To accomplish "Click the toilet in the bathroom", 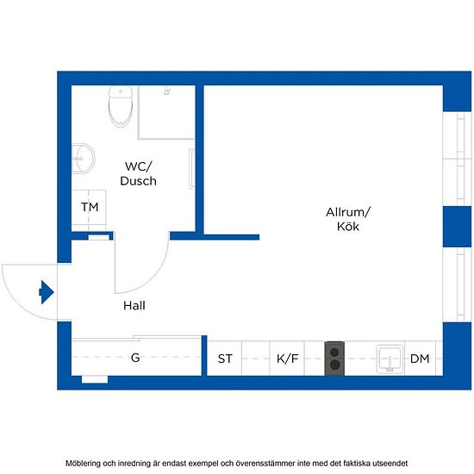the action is click(121, 107).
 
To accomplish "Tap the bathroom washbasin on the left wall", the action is click(84, 158).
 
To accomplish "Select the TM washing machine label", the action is click(90, 207).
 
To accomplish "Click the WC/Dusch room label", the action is click(139, 173).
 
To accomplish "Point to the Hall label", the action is click(134, 306).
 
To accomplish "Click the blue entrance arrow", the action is click(47, 292).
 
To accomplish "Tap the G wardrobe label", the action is click(135, 358).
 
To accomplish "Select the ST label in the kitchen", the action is click(225, 359).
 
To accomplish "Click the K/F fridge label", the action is click(287, 359).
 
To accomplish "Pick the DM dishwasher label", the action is click(420, 359).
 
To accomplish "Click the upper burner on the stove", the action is click(334, 352).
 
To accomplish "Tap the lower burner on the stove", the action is click(334, 365).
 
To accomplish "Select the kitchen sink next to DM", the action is click(390, 359).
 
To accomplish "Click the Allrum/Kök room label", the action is click(348, 219).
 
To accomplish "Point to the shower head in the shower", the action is click(167, 90).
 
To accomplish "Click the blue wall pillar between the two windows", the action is click(457, 227).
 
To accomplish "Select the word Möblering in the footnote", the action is click(83, 463).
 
